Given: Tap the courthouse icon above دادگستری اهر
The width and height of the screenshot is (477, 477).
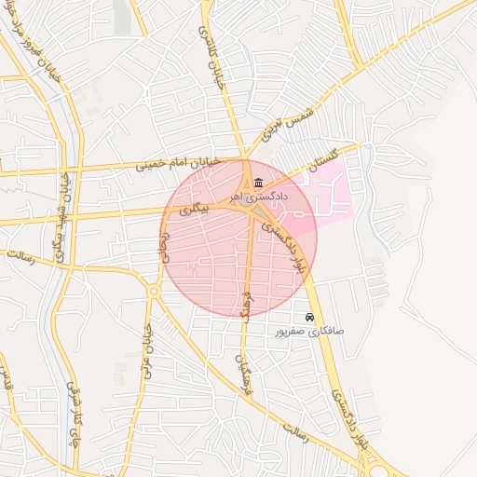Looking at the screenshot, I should [x=258, y=181].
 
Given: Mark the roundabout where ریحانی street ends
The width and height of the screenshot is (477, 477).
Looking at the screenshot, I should [x=153, y=292].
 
